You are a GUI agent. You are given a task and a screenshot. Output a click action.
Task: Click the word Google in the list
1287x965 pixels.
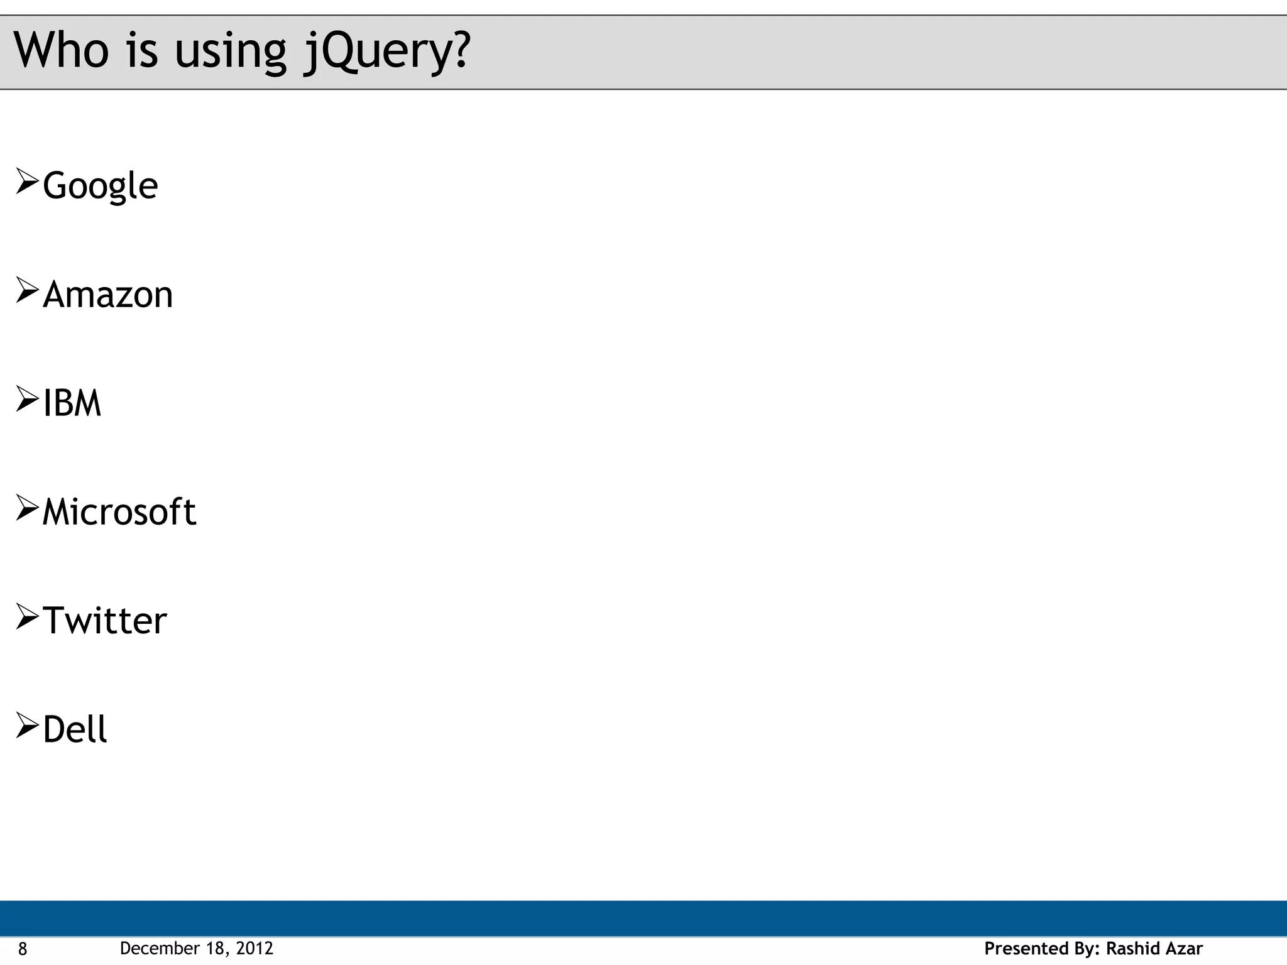[x=101, y=186]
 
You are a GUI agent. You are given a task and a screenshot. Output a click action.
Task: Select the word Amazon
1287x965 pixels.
[x=107, y=295]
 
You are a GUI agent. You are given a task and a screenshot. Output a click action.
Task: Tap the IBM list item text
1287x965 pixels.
[x=72, y=403]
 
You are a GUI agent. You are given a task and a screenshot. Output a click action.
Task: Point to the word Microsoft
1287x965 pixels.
[x=119, y=511]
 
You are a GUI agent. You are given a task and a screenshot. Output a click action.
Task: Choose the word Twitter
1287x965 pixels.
[x=104, y=621]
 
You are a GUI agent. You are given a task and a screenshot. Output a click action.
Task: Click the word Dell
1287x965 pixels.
[x=75, y=729]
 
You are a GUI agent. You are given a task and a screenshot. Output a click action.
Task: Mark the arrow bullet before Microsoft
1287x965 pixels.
[x=27, y=507]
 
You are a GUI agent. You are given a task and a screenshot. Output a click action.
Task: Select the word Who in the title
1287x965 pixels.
[x=61, y=50]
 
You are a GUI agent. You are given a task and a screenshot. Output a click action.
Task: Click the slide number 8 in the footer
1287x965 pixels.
[x=23, y=949]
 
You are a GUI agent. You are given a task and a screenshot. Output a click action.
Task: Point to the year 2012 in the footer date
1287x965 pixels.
[x=255, y=948]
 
